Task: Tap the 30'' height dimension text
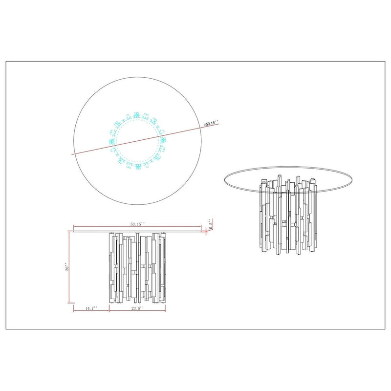(67, 268)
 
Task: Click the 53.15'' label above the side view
(137, 224)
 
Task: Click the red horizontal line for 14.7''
(91, 311)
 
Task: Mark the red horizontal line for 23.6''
(137, 311)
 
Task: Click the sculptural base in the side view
(137, 269)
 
